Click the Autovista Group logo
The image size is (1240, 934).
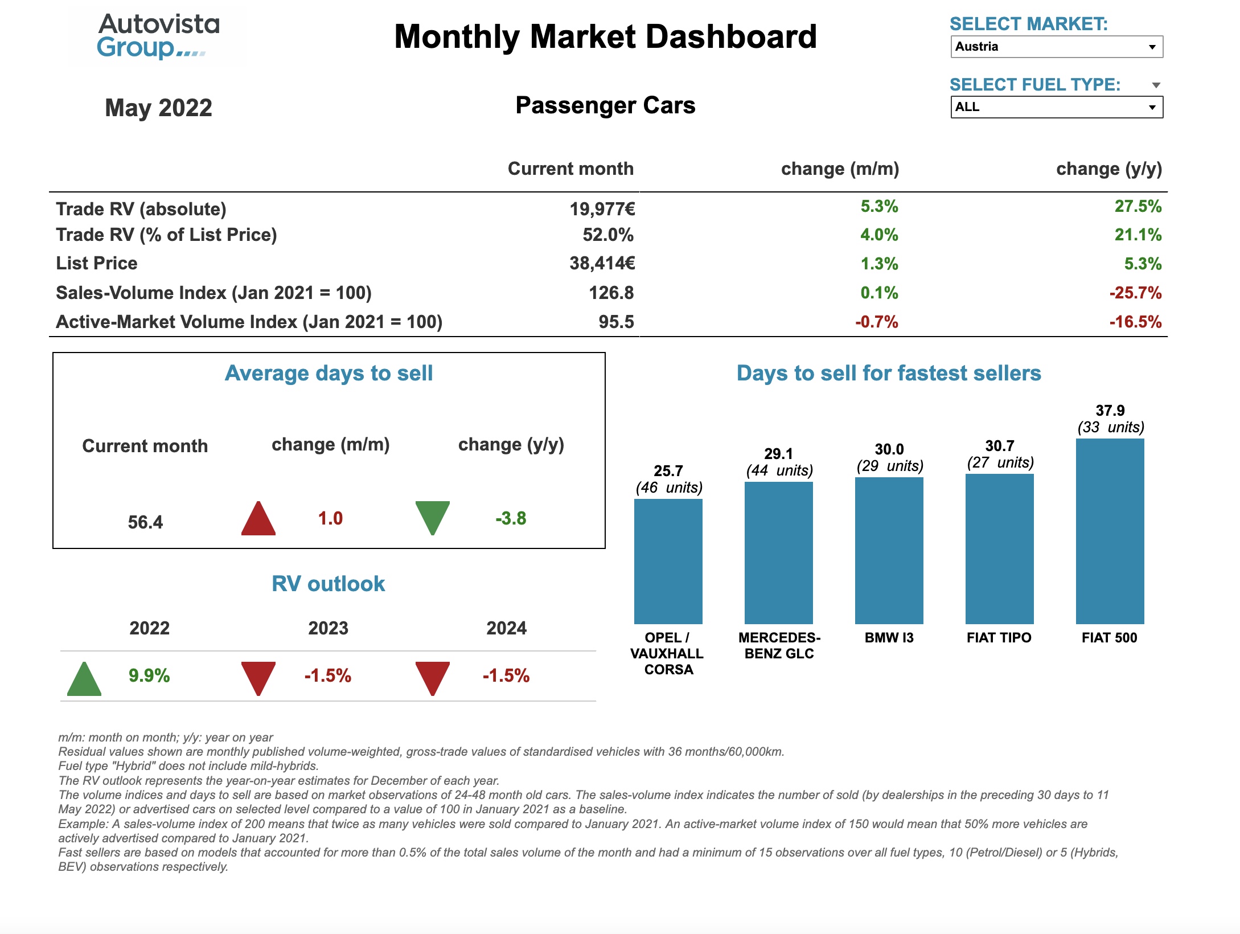pyautogui.click(x=158, y=36)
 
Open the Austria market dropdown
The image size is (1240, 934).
pyautogui.click(x=1056, y=47)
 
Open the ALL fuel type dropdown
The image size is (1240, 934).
pyautogui.click(x=1056, y=107)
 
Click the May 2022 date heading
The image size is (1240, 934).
pyautogui.click(x=158, y=108)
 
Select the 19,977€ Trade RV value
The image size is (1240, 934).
pyautogui.click(x=602, y=209)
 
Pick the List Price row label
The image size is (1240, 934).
pyautogui.click(x=97, y=263)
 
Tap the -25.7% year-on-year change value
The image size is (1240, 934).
pyautogui.click(x=1135, y=293)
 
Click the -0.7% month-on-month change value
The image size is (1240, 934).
pyautogui.click(x=876, y=322)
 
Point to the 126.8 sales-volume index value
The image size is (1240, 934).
pyautogui.click(x=611, y=293)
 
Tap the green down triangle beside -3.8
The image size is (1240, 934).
pyautogui.click(x=433, y=517)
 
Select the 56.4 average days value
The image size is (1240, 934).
pyautogui.click(x=145, y=522)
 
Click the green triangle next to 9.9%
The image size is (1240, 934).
pyautogui.click(x=84, y=679)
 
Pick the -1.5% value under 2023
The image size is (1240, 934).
pyautogui.click(x=327, y=675)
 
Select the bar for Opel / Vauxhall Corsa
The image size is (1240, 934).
pyautogui.click(x=668, y=561)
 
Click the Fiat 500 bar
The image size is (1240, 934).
pyautogui.click(x=1110, y=531)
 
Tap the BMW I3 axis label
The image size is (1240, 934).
pyautogui.click(x=889, y=637)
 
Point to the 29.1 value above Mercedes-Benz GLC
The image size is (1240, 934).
pyautogui.click(x=778, y=454)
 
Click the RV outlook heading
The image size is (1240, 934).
pyautogui.click(x=328, y=584)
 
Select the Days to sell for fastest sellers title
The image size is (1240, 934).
pyautogui.click(x=888, y=373)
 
